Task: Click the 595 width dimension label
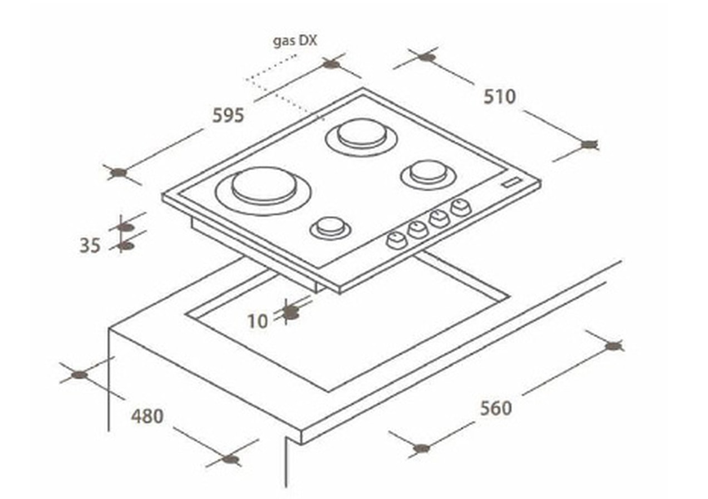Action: click(228, 115)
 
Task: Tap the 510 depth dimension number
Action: click(500, 97)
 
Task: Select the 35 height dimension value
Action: click(90, 245)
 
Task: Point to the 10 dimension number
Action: click(258, 321)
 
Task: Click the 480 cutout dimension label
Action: click(147, 416)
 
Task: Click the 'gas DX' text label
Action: click(295, 41)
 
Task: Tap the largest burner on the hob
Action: click(263, 191)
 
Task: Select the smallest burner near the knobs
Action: click(331, 228)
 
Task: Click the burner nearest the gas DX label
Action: click(362, 137)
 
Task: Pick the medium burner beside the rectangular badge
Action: click(428, 174)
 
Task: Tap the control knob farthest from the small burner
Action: click(461, 207)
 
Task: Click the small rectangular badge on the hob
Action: click(511, 182)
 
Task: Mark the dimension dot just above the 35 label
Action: click(125, 227)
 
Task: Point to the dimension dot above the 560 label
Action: click(613, 346)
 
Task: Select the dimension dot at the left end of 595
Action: click(119, 172)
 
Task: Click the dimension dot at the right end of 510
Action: click(589, 144)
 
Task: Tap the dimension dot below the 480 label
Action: click(230, 459)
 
